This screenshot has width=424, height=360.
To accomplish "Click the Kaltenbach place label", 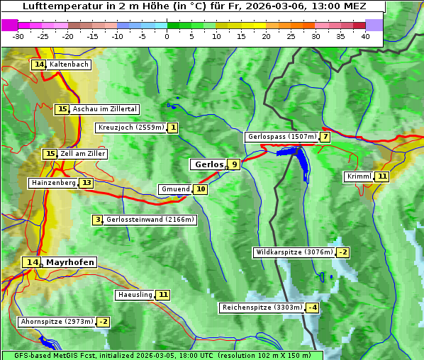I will click(x=69, y=64).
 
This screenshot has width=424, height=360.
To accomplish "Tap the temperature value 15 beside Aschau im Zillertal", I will click(x=62, y=109).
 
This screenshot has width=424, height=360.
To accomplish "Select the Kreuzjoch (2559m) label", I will click(x=130, y=128).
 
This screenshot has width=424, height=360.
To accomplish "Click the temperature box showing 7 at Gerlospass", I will click(x=325, y=137).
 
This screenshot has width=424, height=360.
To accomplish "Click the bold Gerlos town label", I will click(x=208, y=164).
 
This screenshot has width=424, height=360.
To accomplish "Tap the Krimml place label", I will click(x=359, y=176).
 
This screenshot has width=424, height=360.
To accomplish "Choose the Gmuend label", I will click(x=175, y=189).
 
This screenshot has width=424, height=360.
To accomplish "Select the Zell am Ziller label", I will click(x=83, y=154).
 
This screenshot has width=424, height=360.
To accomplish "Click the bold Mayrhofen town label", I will click(x=69, y=262).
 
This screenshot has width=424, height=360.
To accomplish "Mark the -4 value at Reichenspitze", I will click(x=312, y=308).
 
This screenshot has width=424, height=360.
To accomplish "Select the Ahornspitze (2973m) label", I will click(x=57, y=322).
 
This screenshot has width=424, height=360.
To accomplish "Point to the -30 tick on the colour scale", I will click(x=18, y=36).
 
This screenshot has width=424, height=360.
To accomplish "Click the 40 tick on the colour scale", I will click(x=365, y=36).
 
